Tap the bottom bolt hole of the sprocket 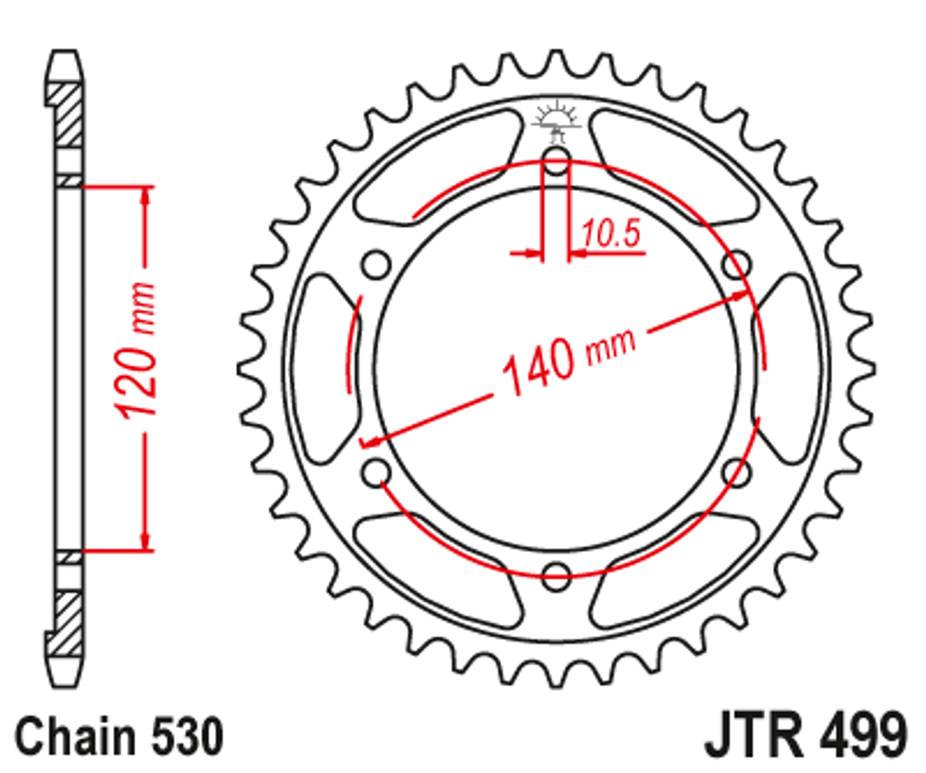tap(556, 577)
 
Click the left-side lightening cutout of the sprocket tap(324, 368)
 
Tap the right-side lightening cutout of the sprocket tap(788, 368)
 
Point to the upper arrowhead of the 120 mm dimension tap(144, 198)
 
